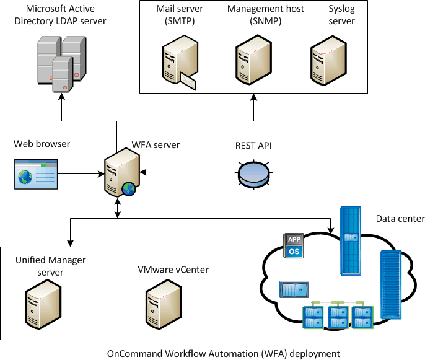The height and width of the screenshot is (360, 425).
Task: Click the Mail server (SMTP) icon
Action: (178, 60)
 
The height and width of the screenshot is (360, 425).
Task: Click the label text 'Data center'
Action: (400, 219)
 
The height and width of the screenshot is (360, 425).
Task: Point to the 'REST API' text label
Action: (253, 146)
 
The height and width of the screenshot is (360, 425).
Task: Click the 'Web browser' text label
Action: (42, 144)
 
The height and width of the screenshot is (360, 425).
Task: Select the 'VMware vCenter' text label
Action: (173, 270)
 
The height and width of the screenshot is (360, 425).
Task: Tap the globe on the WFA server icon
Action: (129, 189)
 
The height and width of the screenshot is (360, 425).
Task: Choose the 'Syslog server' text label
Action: (341, 15)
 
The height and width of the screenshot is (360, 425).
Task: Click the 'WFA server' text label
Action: (156, 145)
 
